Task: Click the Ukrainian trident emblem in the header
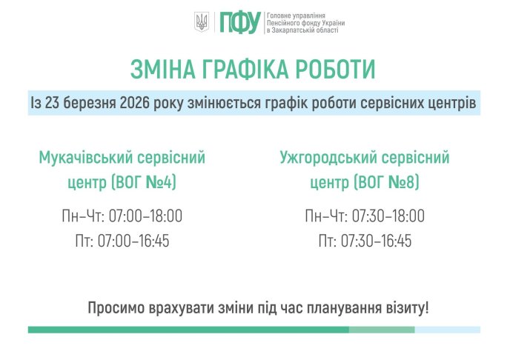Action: point(201,22)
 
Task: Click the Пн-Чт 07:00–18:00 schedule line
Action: point(122,217)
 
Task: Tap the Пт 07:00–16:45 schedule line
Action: point(122,241)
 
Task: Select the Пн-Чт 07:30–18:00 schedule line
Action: point(365,217)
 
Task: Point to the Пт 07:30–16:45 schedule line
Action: point(365,241)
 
